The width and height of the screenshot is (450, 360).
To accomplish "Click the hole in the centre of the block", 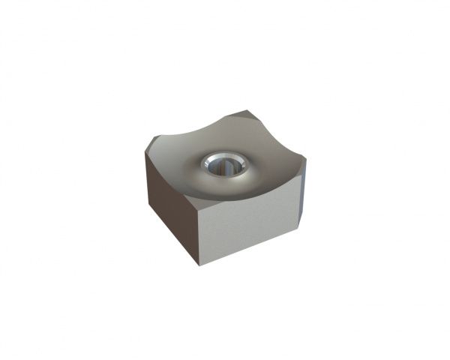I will [x=222, y=165].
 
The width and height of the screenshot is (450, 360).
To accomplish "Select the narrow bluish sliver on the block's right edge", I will [x=302, y=187].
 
